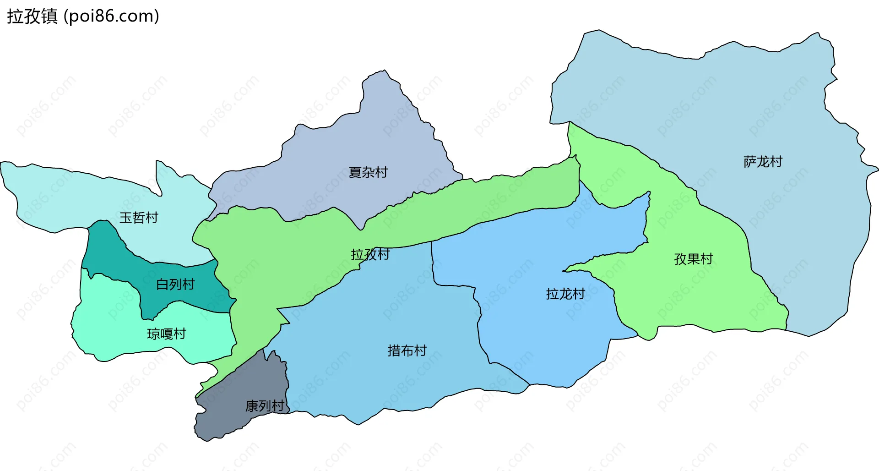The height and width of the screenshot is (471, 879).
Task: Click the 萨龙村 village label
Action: click(763, 162)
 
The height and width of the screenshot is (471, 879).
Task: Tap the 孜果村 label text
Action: click(693, 259)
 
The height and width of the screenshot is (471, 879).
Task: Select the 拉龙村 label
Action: click(565, 294)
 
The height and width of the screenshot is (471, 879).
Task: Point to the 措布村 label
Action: click(407, 351)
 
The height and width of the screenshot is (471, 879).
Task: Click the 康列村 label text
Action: click(265, 406)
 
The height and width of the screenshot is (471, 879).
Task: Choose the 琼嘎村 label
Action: click(166, 334)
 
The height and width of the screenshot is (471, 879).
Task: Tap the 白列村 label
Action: click(175, 285)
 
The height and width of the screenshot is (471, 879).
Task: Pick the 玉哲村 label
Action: click(139, 217)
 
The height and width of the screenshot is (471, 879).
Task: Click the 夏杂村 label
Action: click(368, 172)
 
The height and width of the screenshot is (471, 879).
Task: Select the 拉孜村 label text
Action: click(370, 254)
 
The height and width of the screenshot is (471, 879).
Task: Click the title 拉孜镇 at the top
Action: click(32, 16)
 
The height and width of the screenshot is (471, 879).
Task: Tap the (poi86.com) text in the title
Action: click(111, 16)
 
